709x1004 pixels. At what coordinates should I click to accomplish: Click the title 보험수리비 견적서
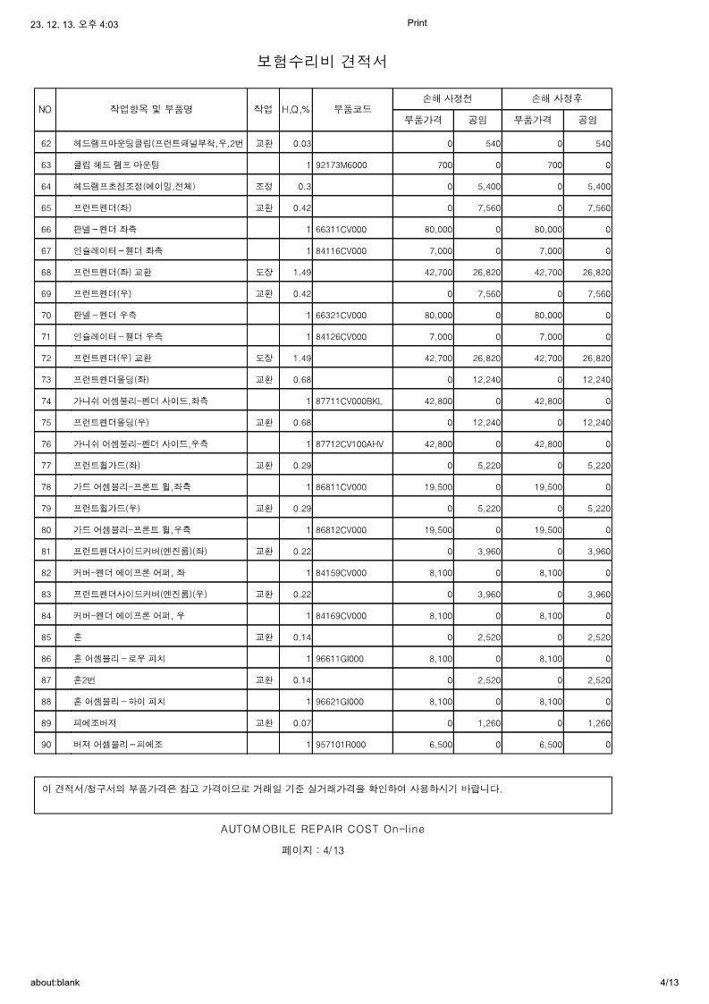(x=322, y=62)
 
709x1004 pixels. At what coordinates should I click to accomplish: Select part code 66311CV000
(x=341, y=230)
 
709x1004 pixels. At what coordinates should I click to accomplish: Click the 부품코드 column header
(x=353, y=109)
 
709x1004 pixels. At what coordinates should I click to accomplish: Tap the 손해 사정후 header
(x=557, y=98)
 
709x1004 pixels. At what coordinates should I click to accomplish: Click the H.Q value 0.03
(x=301, y=144)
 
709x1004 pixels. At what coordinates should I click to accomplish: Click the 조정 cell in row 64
(x=264, y=187)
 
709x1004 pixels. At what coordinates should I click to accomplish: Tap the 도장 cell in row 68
(x=264, y=273)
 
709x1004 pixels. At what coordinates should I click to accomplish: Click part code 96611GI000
(x=341, y=658)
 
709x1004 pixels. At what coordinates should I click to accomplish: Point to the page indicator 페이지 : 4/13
(x=313, y=850)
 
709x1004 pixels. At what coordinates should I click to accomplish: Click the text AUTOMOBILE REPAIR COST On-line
(x=323, y=829)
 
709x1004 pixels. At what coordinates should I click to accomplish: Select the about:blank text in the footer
(x=55, y=983)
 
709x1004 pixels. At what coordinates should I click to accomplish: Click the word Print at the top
(x=417, y=23)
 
